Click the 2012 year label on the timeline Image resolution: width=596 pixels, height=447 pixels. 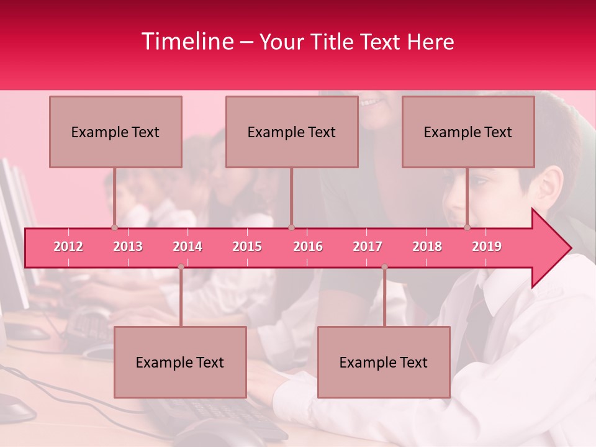pos(68,246)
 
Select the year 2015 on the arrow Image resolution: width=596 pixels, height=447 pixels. pos(247,246)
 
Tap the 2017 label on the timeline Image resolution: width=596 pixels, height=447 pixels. pos(368,246)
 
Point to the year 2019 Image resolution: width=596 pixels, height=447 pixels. pos(487,246)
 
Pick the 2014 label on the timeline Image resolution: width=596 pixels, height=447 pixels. pos(187,246)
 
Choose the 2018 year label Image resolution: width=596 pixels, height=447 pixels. pos(427,246)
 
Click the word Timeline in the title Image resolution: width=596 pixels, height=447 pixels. pos(186,42)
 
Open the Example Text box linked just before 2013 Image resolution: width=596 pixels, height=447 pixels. pos(115,132)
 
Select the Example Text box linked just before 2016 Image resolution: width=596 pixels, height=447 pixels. pos(292,132)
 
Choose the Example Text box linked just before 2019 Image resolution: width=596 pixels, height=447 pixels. pos(468,132)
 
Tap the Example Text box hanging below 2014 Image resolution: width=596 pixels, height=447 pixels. pos(180,362)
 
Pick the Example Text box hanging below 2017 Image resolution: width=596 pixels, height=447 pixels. pos(384,362)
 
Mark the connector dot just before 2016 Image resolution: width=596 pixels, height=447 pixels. pos(291,227)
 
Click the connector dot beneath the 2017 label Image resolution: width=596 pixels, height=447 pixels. pos(384,267)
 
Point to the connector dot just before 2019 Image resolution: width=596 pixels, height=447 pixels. pos(467,227)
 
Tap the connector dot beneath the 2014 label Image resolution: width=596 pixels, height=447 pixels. pos(181,267)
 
